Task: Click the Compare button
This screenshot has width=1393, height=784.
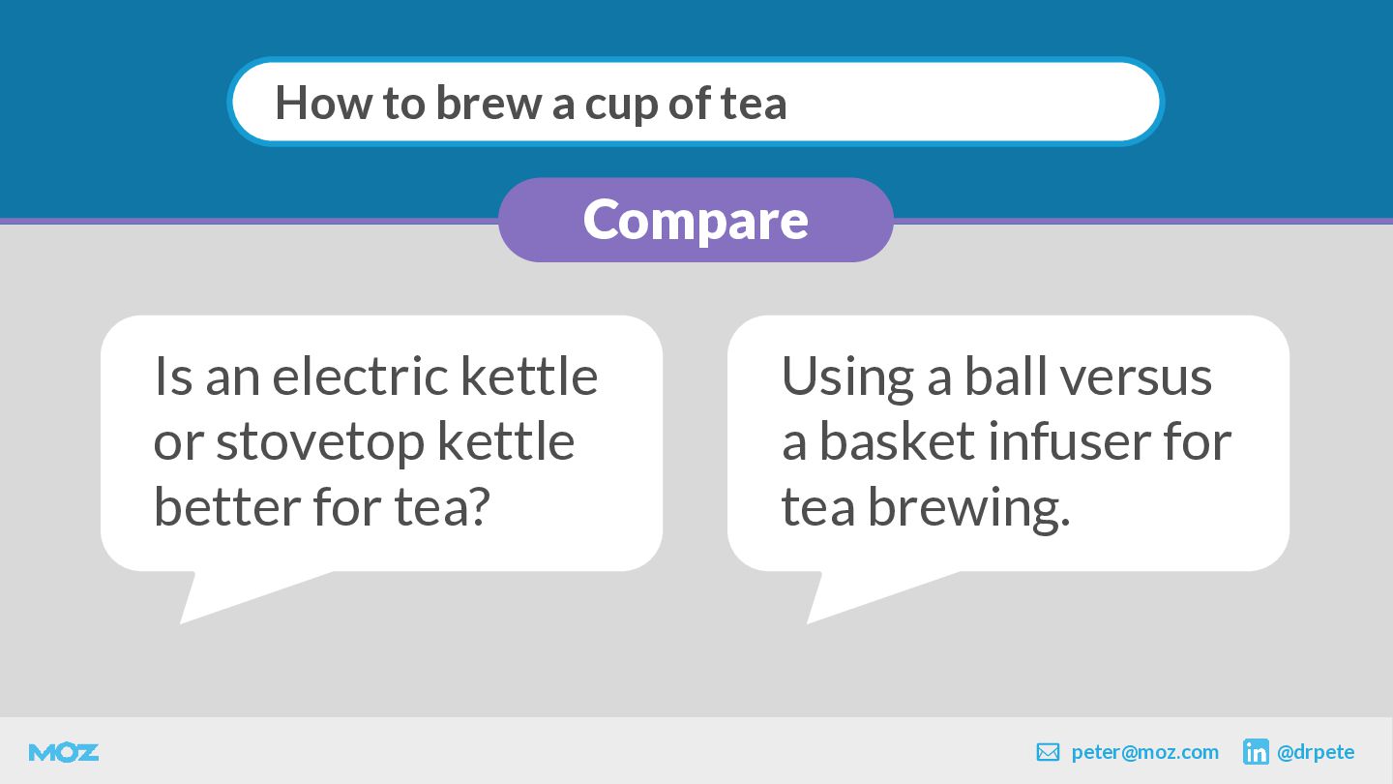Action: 696,220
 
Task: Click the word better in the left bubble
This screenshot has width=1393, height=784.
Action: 226,506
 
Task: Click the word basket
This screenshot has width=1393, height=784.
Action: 897,441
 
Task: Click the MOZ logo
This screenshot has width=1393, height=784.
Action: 64,753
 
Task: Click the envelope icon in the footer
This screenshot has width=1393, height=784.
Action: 1048,752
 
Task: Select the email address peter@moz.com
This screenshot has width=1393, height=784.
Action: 1145,752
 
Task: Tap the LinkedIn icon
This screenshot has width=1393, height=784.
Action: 1256,752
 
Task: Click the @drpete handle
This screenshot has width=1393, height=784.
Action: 1316,752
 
